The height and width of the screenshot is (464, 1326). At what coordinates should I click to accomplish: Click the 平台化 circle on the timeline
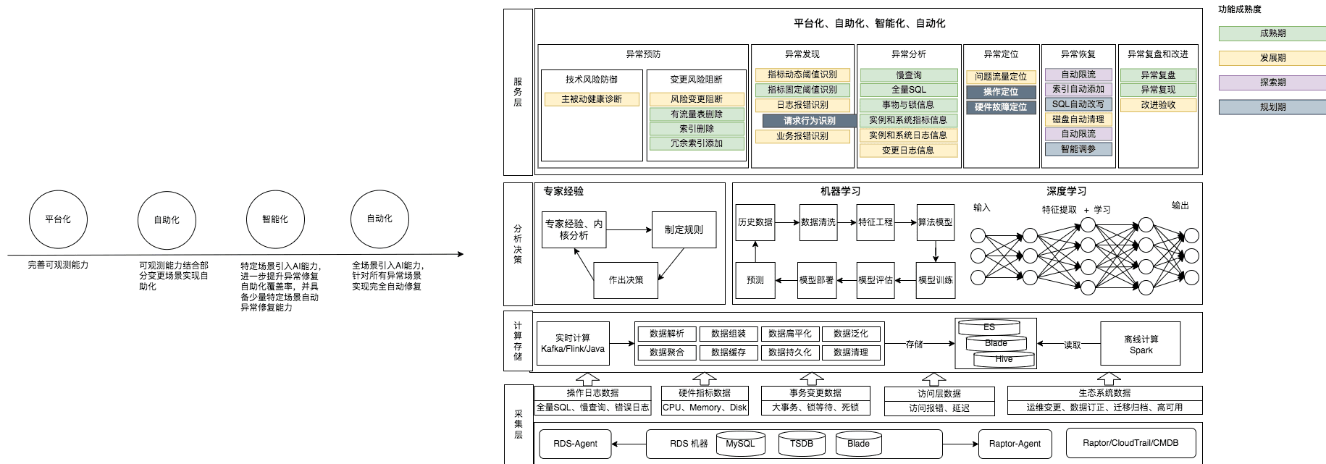pyautogui.click(x=58, y=219)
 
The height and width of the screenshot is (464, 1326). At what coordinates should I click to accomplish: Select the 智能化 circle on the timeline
pyautogui.click(x=275, y=219)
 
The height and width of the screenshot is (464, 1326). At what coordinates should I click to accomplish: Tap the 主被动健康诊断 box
pyautogui.click(x=591, y=99)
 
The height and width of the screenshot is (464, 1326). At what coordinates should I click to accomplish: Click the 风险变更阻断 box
pyautogui.click(x=696, y=99)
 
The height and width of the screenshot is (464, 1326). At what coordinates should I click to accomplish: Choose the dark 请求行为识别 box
pyautogui.click(x=809, y=121)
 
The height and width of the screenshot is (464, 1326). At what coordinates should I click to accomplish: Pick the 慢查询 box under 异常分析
pyautogui.click(x=908, y=75)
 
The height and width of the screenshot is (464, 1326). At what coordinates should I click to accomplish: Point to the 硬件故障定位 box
pyautogui.click(x=1000, y=107)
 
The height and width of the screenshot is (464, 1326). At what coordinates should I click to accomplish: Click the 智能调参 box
pyautogui.click(x=1078, y=149)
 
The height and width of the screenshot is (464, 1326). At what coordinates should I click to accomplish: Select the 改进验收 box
pyautogui.click(x=1158, y=105)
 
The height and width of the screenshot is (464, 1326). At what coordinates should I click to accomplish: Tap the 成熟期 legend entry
pyautogui.click(x=1272, y=33)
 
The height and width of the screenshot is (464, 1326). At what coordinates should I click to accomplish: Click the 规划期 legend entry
pyautogui.click(x=1272, y=107)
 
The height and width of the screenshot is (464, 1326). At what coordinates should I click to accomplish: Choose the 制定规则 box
pyautogui.click(x=684, y=229)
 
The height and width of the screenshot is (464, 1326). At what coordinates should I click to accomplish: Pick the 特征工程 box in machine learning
pyautogui.click(x=875, y=222)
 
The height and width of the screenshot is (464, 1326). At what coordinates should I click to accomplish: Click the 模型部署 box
pyautogui.click(x=816, y=280)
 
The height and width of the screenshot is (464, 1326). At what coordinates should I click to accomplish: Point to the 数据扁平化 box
pyautogui.click(x=789, y=334)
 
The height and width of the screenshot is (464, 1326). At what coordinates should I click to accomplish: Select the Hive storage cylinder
pyautogui.click(x=1003, y=359)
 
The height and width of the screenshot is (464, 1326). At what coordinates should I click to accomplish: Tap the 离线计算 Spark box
pyautogui.click(x=1140, y=345)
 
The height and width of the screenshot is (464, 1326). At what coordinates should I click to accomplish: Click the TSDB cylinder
pyautogui.click(x=801, y=444)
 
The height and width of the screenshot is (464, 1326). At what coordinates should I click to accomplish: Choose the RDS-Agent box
pyautogui.click(x=575, y=444)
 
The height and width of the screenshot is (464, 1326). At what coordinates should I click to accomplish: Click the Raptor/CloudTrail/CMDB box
pyautogui.click(x=1130, y=443)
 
